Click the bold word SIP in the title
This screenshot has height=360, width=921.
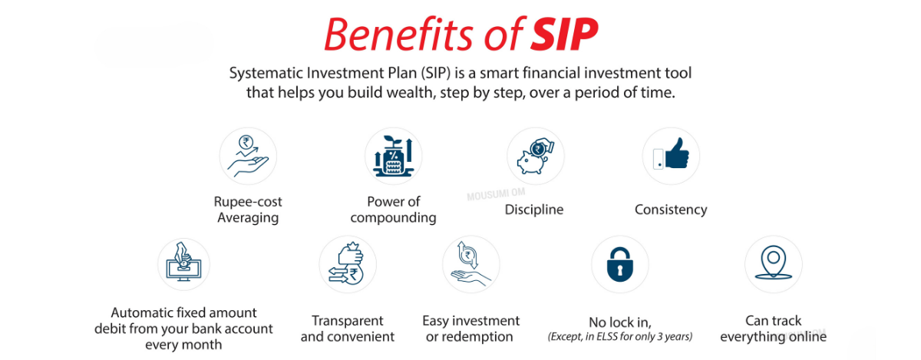click(x=563, y=35)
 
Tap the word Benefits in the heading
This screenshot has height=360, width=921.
click(x=399, y=35)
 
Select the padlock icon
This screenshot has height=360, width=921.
click(x=619, y=264)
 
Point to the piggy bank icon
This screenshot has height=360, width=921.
click(x=535, y=157)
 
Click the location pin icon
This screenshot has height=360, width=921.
click(x=774, y=263)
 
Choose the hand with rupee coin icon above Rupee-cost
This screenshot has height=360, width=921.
click(x=248, y=157)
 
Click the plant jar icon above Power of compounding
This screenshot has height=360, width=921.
click(x=393, y=157)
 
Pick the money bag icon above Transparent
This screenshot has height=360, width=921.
click(x=347, y=264)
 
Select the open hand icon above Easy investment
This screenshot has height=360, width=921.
click(x=470, y=264)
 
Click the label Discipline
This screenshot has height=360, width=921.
click(x=534, y=210)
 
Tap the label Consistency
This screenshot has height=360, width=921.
click(x=671, y=210)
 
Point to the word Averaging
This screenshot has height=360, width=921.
click(x=248, y=218)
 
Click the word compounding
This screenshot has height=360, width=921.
click(x=393, y=218)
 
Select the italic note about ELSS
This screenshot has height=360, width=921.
click(x=620, y=336)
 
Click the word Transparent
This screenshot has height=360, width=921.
click(x=348, y=321)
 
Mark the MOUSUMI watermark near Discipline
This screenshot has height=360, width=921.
click(x=496, y=194)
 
